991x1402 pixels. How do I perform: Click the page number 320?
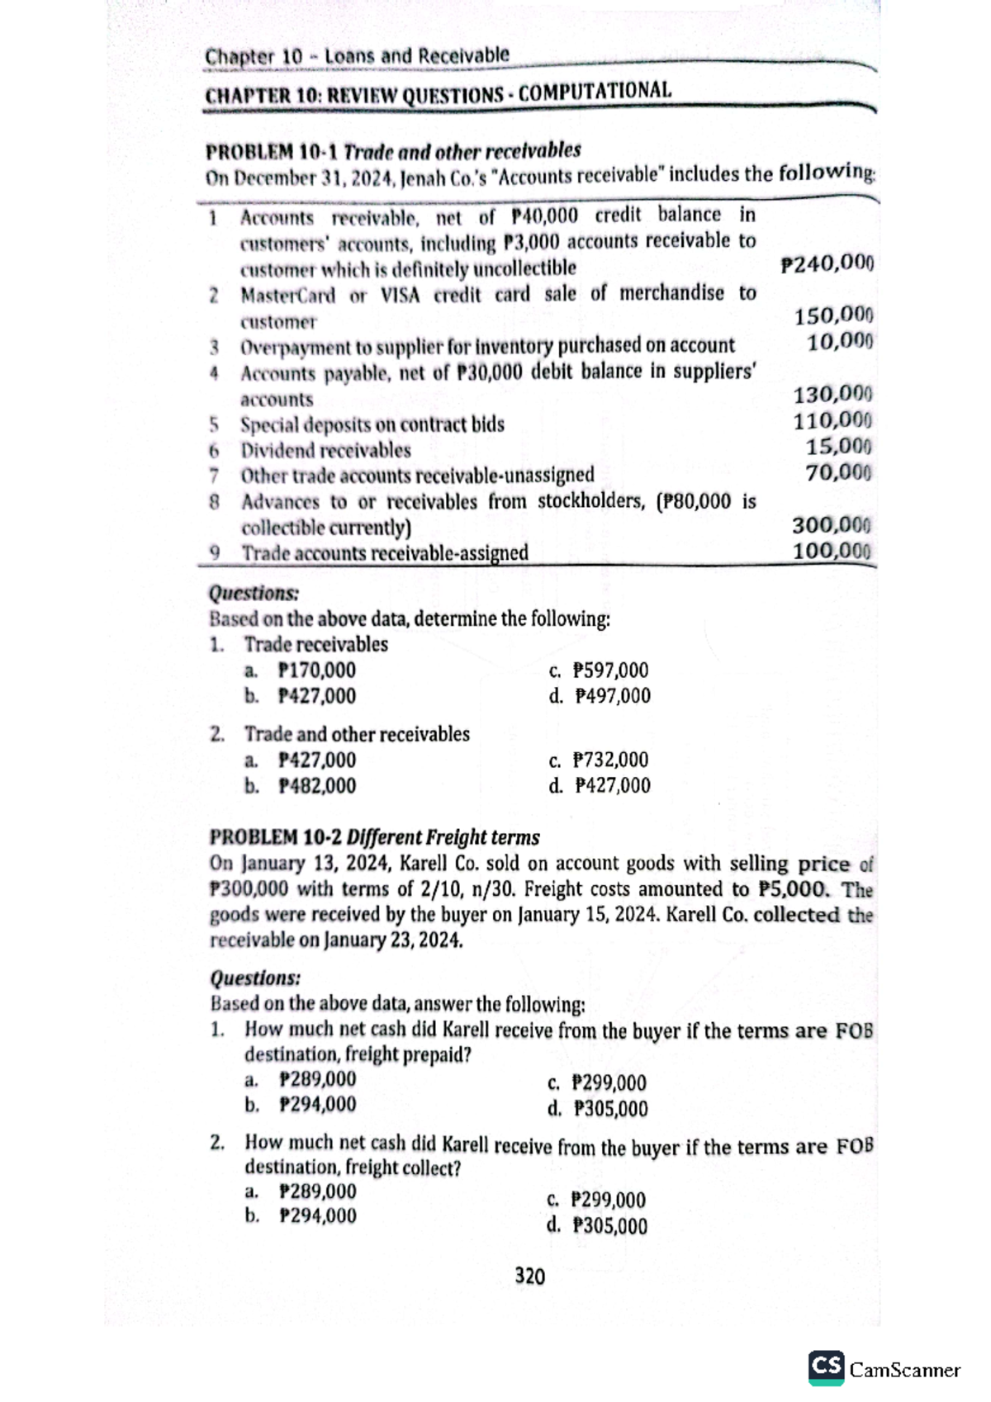click(x=529, y=1276)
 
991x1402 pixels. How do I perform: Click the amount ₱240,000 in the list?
click(x=827, y=264)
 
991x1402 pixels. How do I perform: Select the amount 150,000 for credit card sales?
click(x=833, y=315)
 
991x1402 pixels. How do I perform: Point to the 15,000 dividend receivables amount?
click(x=839, y=447)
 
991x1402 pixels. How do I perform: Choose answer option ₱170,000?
click(x=317, y=670)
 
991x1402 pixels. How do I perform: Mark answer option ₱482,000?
click(x=317, y=785)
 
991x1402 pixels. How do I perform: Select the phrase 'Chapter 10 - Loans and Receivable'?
click(x=357, y=57)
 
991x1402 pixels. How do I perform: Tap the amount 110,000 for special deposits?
click(x=833, y=421)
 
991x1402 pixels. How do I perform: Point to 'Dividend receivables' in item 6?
click(x=325, y=451)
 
